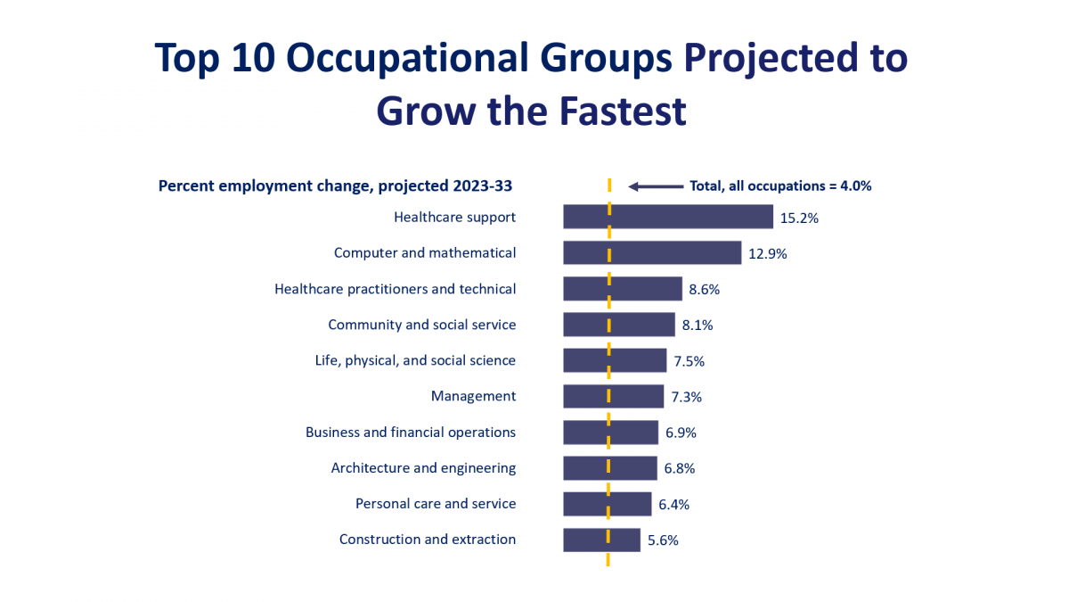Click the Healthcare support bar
[x=668, y=217]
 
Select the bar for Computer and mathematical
[x=652, y=252]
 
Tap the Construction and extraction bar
[x=601, y=540]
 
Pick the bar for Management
[x=613, y=396]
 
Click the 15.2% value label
[x=799, y=218]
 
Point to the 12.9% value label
[x=768, y=253]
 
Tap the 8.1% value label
[x=698, y=326]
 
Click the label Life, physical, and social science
[x=415, y=360]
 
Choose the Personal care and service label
[x=436, y=503]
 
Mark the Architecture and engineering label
[x=423, y=467]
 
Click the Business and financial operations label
[x=411, y=432]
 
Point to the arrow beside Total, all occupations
[x=656, y=186]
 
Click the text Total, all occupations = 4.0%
[x=780, y=186]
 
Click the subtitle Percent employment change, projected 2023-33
[x=335, y=186]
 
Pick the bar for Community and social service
[x=618, y=325]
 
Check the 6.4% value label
[x=673, y=504]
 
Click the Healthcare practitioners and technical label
[x=396, y=289]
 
